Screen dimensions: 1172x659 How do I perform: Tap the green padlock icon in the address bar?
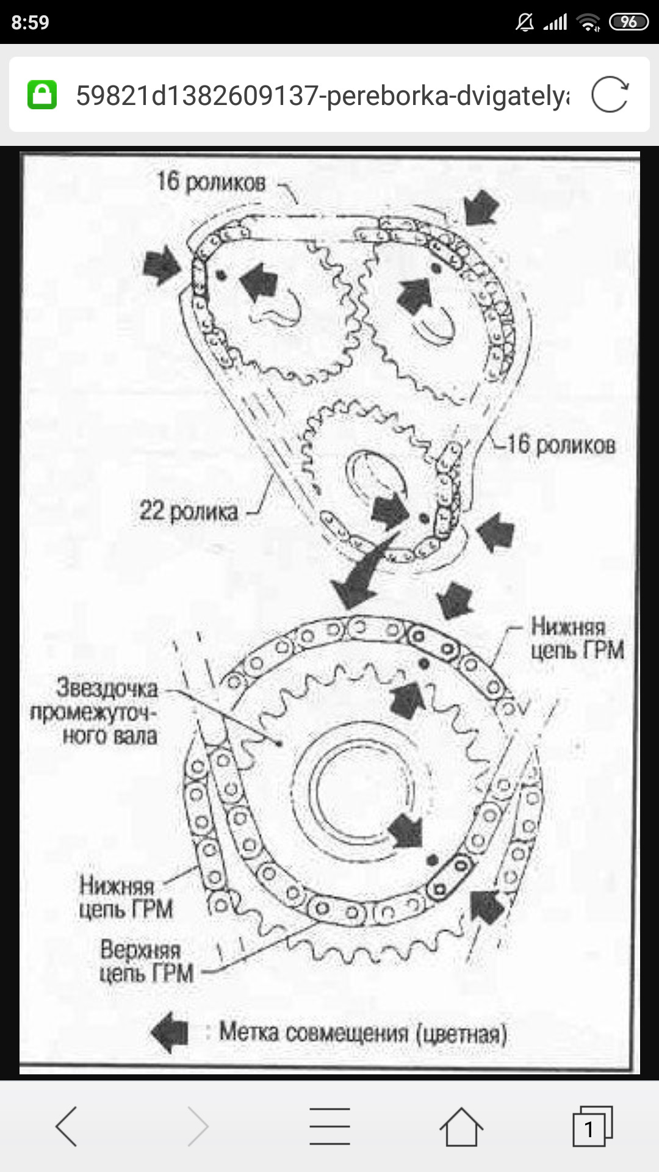click(42, 95)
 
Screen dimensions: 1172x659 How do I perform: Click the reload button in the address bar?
click(610, 95)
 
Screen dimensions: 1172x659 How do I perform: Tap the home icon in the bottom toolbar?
click(461, 1127)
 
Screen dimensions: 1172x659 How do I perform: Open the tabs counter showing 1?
click(591, 1127)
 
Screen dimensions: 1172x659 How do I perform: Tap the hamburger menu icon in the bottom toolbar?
click(329, 1127)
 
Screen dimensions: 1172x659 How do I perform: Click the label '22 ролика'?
click(189, 511)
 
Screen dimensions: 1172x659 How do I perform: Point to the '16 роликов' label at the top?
click(211, 182)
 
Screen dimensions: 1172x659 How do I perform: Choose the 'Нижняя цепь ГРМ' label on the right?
click(576, 638)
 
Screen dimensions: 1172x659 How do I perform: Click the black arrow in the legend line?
click(170, 1032)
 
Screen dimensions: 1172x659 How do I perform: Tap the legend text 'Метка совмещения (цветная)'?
click(363, 1033)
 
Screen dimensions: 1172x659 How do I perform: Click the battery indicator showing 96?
click(628, 23)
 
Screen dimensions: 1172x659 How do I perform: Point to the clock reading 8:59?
click(30, 23)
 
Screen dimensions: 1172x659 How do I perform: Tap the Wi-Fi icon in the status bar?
click(589, 23)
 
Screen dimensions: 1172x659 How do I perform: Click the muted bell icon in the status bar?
click(524, 23)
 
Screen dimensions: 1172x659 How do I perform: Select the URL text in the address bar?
click(322, 95)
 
